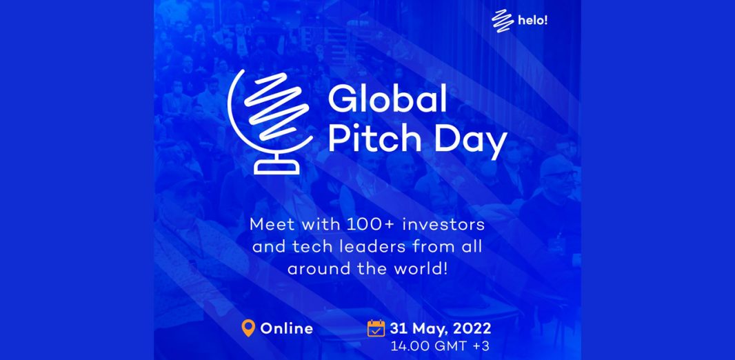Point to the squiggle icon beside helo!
tap(503, 21)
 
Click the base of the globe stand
tap(276, 167)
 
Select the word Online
tap(286, 328)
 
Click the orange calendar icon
tap(376, 328)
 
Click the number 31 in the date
tap(398, 328)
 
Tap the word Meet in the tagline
tap(268, 224)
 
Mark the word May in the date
tap(427, 329)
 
